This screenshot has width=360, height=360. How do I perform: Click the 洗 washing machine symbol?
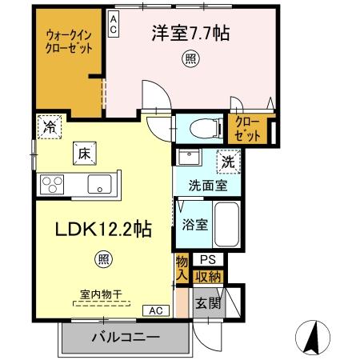point(229,159)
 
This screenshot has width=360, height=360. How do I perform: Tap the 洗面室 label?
point(207,186)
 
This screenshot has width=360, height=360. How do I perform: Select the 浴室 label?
point(194,224)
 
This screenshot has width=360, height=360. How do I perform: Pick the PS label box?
point(208,260)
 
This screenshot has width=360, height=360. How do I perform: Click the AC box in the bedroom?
point(114,24)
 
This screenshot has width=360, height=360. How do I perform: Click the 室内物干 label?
point(102,294)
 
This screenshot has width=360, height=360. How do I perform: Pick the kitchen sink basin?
point(99,184)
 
